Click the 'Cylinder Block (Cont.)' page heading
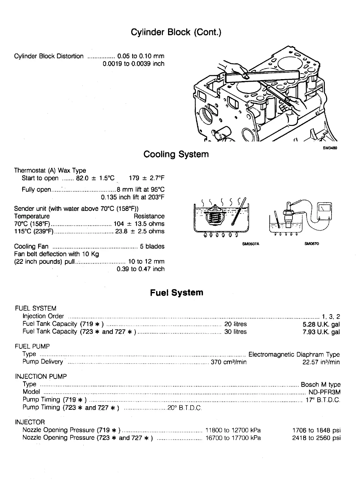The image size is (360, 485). click(176, 32)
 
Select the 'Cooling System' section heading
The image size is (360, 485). click(176, 154)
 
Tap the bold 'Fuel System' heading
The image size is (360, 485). click(176, 293)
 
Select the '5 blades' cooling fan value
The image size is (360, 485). click(152, 246)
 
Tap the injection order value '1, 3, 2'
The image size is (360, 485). click(331, 316)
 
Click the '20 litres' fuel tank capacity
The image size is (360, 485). click(235, 324)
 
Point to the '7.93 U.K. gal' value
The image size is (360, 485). click(321, 332)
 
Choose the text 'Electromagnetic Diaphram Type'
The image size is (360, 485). click(294, 354)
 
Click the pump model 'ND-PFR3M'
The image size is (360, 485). click(324, 392)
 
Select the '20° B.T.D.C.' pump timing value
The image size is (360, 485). click(185, 408)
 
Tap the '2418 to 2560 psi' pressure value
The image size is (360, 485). click(316, 438)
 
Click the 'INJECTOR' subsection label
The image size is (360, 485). click(30, 422)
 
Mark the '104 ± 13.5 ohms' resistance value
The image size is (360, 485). click(139, 224)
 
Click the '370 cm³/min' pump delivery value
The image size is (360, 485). click(228, 362)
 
